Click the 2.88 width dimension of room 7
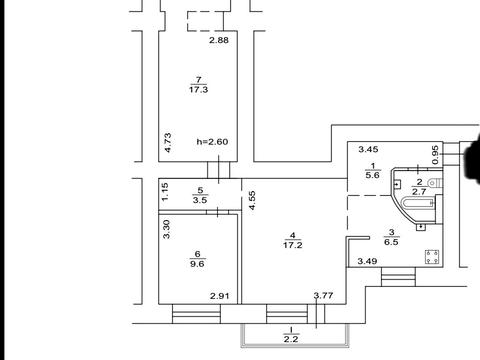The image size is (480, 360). coord(219,40)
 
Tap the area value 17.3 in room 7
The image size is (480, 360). coord(199,90)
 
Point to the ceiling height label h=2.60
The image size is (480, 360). coord(212,142)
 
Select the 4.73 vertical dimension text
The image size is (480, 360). coord(168,143)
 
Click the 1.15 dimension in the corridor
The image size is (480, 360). coord(165,192)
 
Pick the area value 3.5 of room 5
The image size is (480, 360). coord(200,200)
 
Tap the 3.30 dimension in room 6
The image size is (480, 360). coord(167,229)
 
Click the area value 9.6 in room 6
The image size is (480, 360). coord(197,264)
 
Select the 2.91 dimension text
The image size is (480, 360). coord(220,296)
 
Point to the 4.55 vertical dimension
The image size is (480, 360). coord(252,200)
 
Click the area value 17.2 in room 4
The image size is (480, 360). coord(292,245)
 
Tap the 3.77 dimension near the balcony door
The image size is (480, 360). coord(323,295)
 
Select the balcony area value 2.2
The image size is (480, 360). coord(291,339)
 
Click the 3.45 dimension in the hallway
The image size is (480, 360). coord(368,149)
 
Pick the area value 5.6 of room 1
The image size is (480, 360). coord(373,175)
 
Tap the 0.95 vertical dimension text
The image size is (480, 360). coord(435,155)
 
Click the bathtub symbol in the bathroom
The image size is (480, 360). coord(419,203)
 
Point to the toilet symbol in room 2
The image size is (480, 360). coord(435,183)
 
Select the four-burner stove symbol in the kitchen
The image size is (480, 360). coord(432,257)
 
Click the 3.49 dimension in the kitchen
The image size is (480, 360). coord(367,261)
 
